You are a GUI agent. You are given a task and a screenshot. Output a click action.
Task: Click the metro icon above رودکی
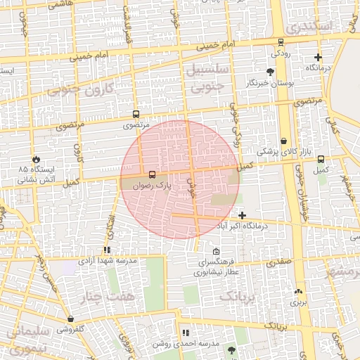coord(281,41)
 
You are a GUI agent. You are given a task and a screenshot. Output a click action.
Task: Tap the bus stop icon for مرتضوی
coord(136,114)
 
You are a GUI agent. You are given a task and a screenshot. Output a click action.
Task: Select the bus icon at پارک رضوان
coord(153,174)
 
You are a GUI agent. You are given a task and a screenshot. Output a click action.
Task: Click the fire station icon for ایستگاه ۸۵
coord(37,158)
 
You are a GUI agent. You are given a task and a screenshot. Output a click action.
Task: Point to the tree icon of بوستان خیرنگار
coord(270,72)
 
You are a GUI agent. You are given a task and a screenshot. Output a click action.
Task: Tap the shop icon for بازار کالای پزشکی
coord(283,141)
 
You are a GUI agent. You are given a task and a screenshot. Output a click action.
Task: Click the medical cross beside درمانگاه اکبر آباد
coord(243,215)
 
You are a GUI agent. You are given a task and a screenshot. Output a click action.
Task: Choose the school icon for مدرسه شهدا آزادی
coord(107,250)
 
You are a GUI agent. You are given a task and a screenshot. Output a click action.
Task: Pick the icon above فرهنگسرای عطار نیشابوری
coord(216,252)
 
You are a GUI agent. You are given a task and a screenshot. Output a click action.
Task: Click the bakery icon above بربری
coord(299,291)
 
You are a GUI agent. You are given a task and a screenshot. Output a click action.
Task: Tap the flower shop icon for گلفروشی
coord(70,319)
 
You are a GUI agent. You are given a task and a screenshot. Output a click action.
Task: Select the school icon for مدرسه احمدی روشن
coord(186,333)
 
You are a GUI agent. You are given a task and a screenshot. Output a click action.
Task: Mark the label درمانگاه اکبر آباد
coord(262,226)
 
